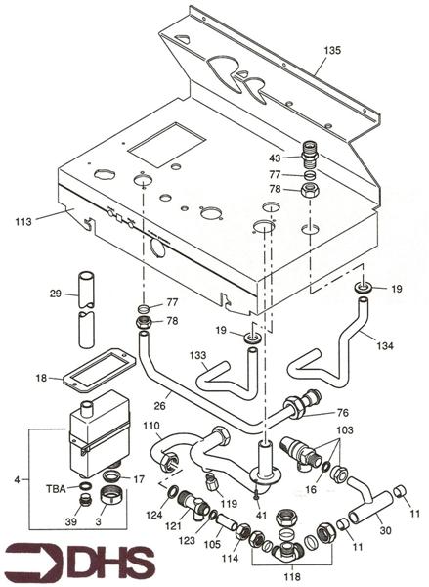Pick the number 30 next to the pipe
click(388, 529)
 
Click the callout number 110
click(151, 428)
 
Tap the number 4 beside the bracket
click(19, 478)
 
